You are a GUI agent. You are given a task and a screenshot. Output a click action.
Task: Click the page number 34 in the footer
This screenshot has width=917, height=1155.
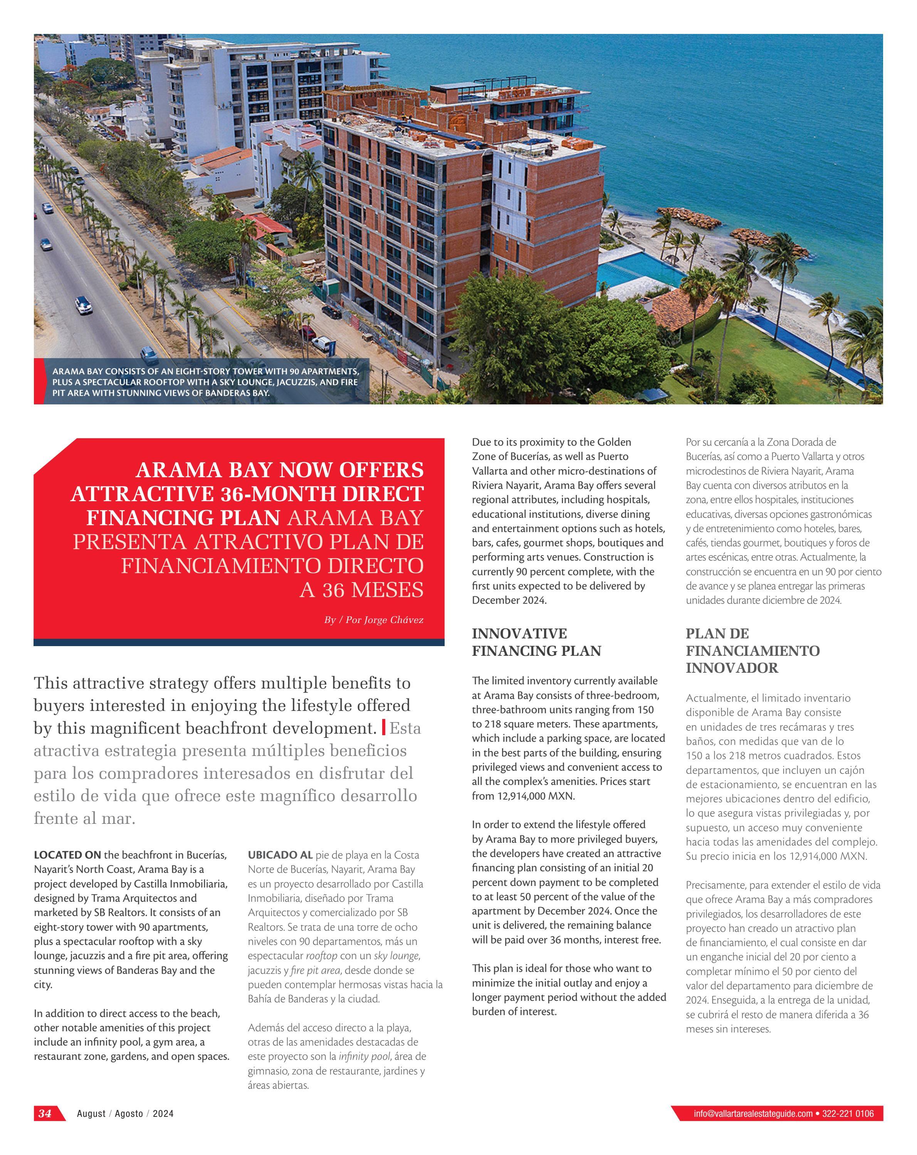pos(45,1113)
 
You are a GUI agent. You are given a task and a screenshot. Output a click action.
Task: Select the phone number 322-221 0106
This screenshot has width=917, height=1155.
pos(848,1113)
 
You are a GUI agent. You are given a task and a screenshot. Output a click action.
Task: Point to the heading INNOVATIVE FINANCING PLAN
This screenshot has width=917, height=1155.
pos(536,642)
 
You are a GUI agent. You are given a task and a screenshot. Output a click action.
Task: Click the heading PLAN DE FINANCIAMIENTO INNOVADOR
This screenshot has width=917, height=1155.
pos(752,650)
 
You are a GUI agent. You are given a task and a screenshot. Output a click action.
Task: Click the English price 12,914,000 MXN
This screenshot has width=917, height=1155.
pos(536,796)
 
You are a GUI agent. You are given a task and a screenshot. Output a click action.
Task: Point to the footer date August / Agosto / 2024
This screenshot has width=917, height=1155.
pos(125,1113)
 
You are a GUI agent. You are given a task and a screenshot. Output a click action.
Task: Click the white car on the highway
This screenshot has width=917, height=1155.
pos(84,305)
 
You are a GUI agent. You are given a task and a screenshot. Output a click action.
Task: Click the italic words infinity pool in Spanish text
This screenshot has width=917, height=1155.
pos(364,1056)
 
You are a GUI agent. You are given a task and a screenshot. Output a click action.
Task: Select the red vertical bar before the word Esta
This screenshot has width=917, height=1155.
pos(383,727)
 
